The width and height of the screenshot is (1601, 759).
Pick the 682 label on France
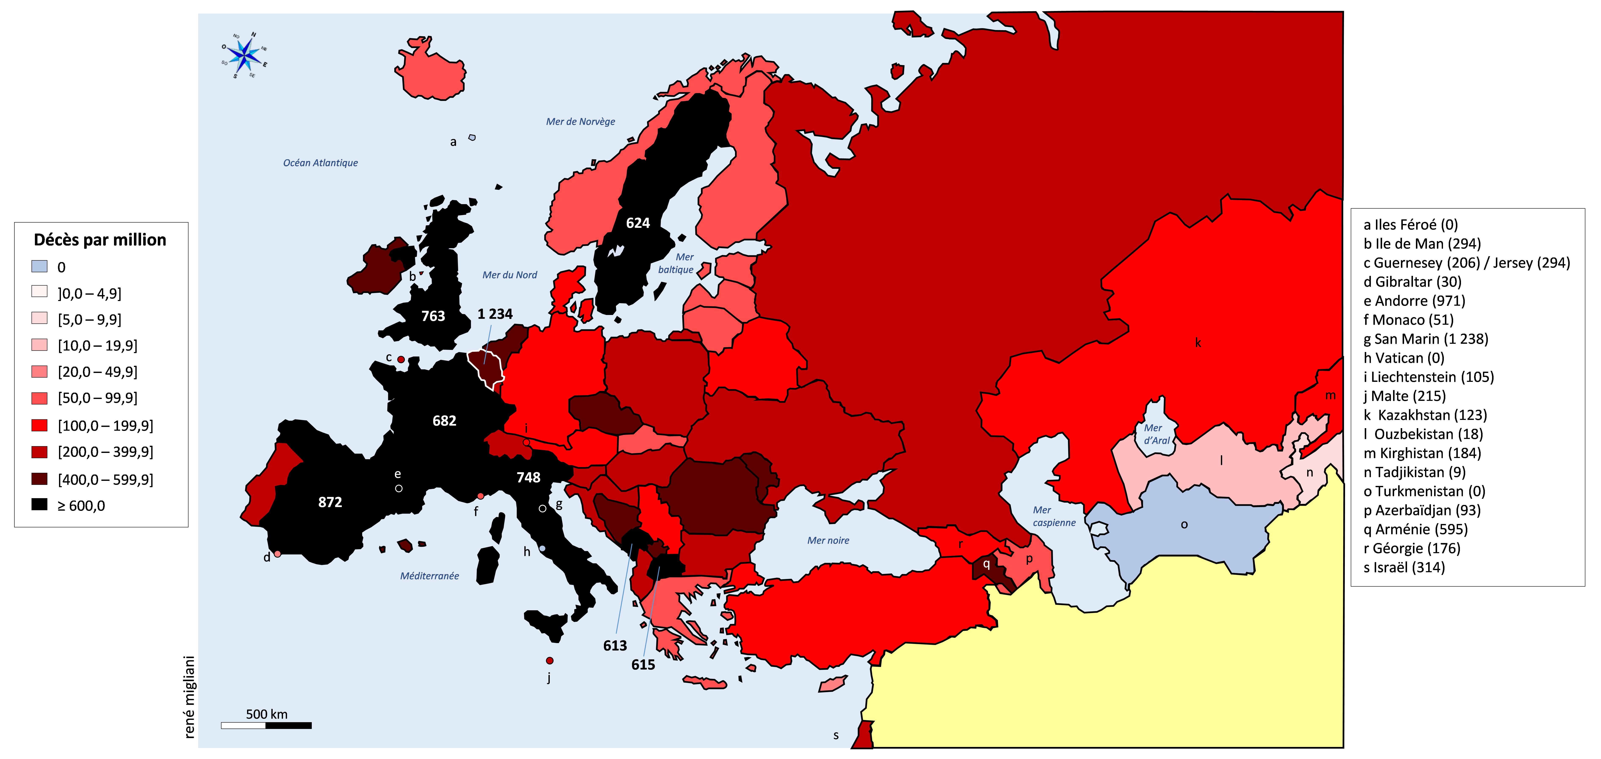click(x=444, y=421)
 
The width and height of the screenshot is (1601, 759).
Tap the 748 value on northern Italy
click(x=528, y=477)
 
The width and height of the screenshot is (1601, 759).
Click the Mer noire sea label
click(x=828, y=540)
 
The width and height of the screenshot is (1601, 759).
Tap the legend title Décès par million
click(x=100, y=240)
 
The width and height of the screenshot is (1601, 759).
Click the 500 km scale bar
click(x=266, y=725)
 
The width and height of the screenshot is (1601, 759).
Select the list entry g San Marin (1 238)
click(x=1426, y=339)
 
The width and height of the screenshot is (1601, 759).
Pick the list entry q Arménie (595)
click(x=1415, y=529)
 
